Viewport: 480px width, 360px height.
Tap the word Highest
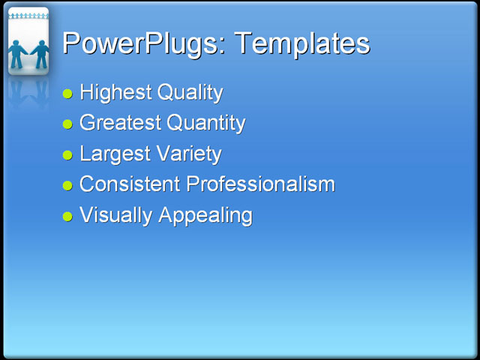115,93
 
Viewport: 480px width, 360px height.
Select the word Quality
189,93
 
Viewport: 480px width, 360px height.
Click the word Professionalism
259,184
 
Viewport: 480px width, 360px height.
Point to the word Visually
115,215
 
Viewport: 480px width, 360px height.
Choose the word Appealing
205,216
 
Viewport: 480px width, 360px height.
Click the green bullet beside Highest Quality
67,94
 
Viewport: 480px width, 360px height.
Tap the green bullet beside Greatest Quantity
67,124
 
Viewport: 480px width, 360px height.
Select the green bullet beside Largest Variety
67,155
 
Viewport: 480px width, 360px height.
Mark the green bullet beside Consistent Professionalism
67,185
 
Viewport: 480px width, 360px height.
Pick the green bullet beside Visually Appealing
67,217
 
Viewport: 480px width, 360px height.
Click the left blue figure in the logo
18,52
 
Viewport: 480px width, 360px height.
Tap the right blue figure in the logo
39,52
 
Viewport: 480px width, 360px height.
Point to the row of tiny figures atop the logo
28,15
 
